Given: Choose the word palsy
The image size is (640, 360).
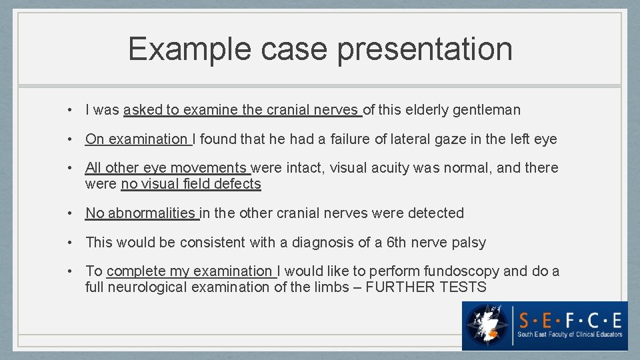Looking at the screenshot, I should click(x=469, y=243).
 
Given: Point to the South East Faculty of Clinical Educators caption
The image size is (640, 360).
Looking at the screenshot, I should click(x=571, y=334).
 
